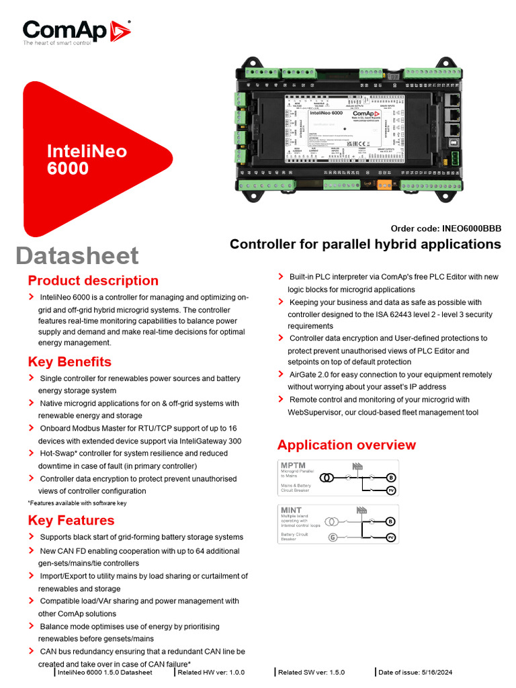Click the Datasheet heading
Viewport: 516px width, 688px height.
pyautogui.click(x=77, y=256)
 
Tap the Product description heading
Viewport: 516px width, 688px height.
pyautogui.click(x=93, y=281)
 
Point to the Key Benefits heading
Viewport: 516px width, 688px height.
pyautogui.click(x=70, y=362)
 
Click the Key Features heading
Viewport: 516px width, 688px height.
pyautogui.click(x=71, y=521)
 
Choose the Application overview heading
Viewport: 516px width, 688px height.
pyautogui.click(x=346, y=445)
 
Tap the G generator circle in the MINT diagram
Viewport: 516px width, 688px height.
pyautogui.click(x=332, y=537)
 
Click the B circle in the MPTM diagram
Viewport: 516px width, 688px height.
pyautogui.click(x=390, y=478)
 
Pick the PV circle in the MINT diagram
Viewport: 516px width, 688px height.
pyautogui.click(x=390, y=537)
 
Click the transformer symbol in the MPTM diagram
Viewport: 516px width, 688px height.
pyautogui.click(x=327, y=478)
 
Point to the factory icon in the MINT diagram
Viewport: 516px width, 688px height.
pyautogui.click(x=362, y=510)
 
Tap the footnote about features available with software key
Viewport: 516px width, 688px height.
pyautogui.click(x=77, y=503)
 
